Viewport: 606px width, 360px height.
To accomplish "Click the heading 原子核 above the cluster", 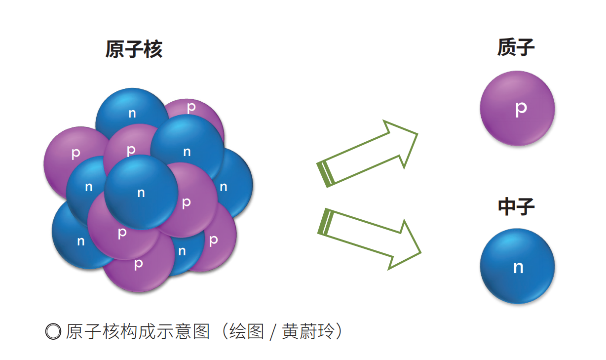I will (134, 49).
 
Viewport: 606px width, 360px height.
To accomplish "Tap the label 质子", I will (516, 48).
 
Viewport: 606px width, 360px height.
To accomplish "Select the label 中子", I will (516, 207).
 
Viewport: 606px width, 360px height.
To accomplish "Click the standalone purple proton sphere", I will (517, 108).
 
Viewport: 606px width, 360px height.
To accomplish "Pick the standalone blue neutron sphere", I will (517, 267).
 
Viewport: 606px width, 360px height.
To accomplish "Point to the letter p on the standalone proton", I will (521, 109).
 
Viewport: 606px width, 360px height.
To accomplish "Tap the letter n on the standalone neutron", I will (518, 267).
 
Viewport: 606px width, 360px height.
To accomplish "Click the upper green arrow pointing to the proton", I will (368, 154).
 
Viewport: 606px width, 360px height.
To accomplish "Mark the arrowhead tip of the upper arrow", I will (417, 134).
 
